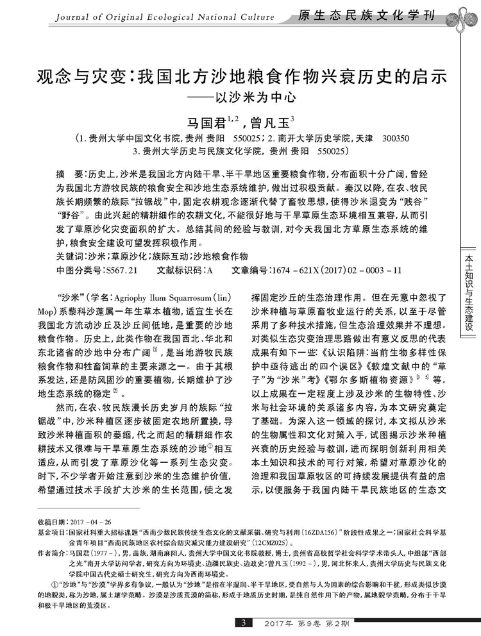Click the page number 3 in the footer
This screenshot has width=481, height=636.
click(x=243, y=623)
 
